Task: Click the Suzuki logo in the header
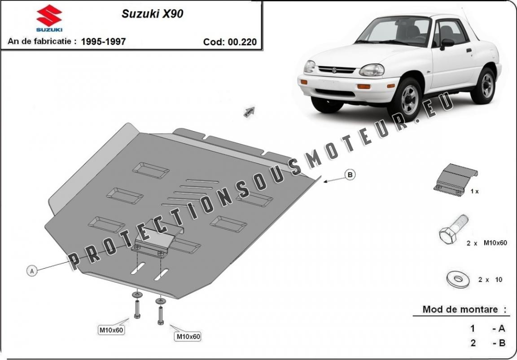(49, 18)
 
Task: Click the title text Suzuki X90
(152, 13)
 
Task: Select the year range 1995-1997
(103, 42)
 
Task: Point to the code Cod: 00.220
(230, 42)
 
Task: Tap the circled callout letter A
(31, 271)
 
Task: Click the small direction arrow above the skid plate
(249, 111)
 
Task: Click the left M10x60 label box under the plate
(111, 331)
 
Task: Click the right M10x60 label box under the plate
(188, 336)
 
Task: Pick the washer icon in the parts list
(458, 279)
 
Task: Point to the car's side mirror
(447, 43)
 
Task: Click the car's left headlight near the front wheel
(372, 70)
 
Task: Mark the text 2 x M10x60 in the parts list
(486, 243)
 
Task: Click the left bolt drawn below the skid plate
(137, 309)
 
